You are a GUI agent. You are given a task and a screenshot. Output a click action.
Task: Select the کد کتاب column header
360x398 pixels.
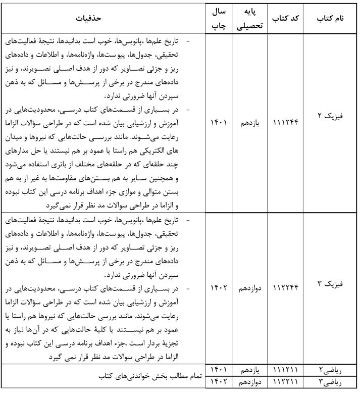point(286,19)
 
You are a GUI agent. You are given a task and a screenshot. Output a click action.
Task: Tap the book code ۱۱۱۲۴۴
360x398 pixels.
point(286,123)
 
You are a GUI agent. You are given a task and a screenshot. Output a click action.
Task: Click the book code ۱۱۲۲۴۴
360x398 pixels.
point(286,288)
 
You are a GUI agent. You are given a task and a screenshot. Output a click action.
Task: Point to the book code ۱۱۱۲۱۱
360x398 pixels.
point(286,370)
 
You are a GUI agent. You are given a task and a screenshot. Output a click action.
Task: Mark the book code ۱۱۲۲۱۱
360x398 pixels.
point(286,380)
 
